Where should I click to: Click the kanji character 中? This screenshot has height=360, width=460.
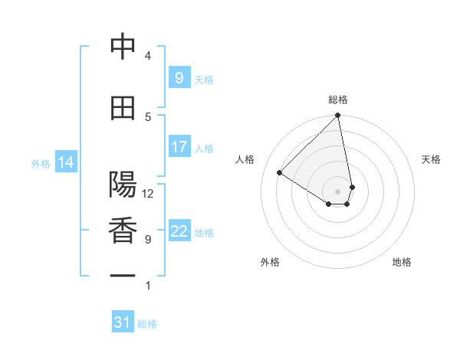[x=123, y=47]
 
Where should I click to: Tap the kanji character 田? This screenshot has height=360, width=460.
[x=123, y=108]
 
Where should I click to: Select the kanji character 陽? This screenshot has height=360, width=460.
[x=123, y=185]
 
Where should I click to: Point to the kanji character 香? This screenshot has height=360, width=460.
[x=123, y=231]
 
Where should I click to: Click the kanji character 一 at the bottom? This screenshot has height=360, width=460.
[x=123, y=275]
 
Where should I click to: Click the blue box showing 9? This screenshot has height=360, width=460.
[x=179, y=78]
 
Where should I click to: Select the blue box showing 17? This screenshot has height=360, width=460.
[x=179, y=147]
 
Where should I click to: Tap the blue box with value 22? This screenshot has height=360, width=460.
[x=179, y=232]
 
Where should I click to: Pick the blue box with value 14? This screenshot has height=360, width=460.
[x=65, y=162]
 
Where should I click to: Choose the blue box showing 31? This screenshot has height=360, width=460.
[x=123, y=322]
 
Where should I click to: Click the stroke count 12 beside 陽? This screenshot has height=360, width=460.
[x=148, y=194]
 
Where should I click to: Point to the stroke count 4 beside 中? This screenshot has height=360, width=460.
[x=148, y=56]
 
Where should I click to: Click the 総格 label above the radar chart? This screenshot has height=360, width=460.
[x=338, y=100]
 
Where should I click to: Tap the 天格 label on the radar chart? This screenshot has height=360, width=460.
[x=431, y=159]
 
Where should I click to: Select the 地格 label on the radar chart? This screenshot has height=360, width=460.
[x=402, y=262]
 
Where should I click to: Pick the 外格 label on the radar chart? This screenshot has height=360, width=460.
[x=270, y=262]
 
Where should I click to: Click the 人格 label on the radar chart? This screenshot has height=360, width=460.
[x=245, y=159]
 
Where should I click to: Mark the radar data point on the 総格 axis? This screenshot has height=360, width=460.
[x=337, y=116]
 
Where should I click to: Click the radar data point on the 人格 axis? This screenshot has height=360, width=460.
[x=280, y=173]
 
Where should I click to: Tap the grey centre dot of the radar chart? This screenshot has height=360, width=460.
[x=337, y=191]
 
